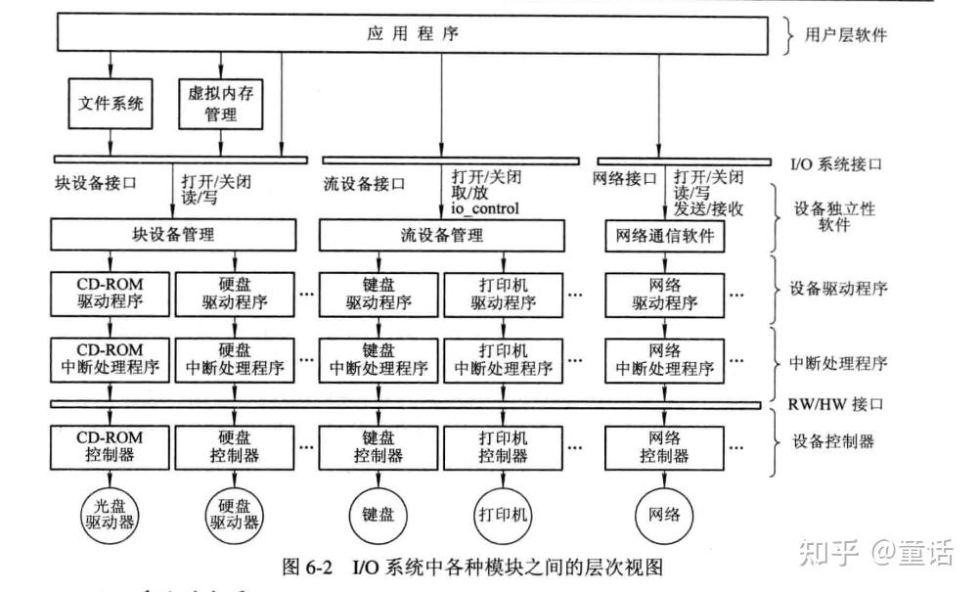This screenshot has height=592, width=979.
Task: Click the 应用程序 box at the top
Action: [x=412, y=35]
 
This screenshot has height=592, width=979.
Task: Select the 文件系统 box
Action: [x=111, y=103]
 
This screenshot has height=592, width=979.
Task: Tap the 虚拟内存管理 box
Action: [x=220, y=104]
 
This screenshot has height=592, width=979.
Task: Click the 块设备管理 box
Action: [x=173, y=235]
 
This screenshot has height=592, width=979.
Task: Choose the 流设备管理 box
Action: [x=441, y=235]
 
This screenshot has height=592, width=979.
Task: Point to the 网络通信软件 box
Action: [x=664, y=236]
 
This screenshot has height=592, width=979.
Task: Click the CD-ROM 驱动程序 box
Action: [x=111, y=293]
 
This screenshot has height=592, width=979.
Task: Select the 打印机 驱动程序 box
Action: [x=503, y=293]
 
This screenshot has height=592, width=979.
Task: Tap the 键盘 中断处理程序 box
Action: [x=378, y=359]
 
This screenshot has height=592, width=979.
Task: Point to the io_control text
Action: [x=485, y=208]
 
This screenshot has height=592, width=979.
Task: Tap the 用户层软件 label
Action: [x=845, y=35]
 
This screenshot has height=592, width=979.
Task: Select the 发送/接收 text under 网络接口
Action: [x=708, y=208]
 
